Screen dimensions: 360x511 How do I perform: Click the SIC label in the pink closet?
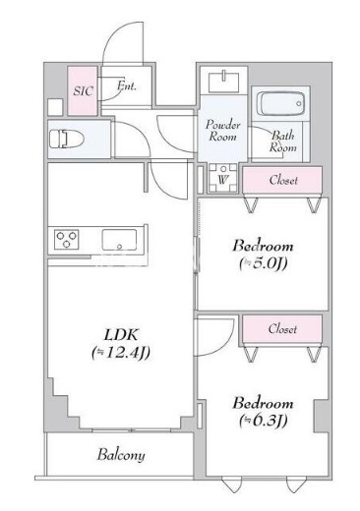tap(83, 90)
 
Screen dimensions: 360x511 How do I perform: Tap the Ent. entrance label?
tap(127, 85)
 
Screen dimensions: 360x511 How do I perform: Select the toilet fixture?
tap(67, 140)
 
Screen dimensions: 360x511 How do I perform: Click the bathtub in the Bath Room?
tap(280, 103)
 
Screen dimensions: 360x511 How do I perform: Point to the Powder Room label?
tap(223, 130)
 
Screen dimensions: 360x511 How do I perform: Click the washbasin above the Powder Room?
tap(224, 81)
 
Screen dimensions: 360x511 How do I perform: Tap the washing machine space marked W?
tap(223, 178)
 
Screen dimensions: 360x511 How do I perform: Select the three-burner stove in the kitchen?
tap(67, 240)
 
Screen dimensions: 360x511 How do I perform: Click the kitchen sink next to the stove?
tap(119, 240)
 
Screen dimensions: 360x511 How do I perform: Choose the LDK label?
tap(121, 335)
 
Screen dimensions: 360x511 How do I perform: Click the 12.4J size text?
tap(121, 353)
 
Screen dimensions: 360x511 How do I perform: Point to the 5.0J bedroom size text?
tap(263, 262)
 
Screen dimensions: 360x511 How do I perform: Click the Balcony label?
tap(121, 455)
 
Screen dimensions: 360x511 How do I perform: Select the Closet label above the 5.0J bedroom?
tap(283, 180)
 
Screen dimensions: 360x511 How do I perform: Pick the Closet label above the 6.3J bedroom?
tap(282, 328)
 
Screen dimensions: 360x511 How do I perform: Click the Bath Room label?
tap(282, 142)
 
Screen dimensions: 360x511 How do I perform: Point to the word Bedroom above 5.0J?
tap(263, 246)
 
